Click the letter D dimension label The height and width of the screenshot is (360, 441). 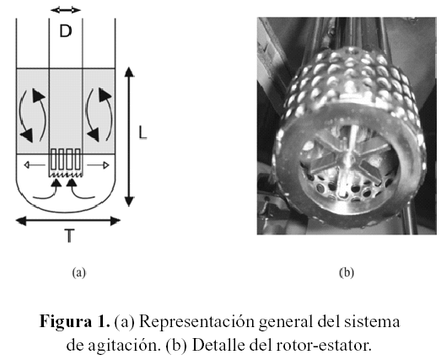[66, 30]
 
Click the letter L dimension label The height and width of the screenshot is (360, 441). [143, 132]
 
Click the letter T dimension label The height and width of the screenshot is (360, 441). [69, 236]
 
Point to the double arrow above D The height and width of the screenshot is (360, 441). [66, 10]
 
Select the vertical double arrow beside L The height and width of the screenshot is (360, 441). [129, 137]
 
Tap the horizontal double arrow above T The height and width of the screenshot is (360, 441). [67, 221]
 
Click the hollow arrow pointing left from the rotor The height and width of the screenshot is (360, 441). [35, 164]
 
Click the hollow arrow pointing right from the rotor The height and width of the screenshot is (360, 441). [98, 165]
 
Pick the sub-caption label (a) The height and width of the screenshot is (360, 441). [78, 272]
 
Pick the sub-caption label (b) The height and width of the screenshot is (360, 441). [347, 272]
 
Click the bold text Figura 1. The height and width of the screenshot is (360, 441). [74, 321]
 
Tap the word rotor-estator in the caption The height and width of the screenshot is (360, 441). [324, 346]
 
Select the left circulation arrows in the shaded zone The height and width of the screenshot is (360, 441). [32, 116]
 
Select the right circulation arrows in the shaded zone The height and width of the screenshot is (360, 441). [99, 115]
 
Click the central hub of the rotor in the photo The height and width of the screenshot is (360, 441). [349, 155]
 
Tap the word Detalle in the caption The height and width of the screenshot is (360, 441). [218, 346]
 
